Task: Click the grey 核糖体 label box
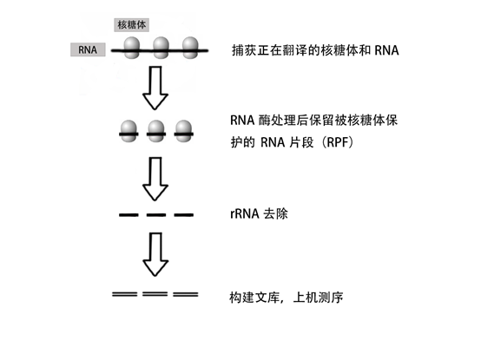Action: (132, 25)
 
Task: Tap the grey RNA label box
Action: (88, 49)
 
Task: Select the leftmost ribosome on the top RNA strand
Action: (132, 48)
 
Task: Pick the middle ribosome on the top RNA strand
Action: (161, 48)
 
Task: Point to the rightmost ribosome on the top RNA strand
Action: (190, 48)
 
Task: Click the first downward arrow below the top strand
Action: (155, 88)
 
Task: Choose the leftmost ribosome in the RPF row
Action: (128, 131)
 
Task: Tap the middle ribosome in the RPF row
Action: (156, 131)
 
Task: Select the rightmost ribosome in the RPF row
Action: (183, 131)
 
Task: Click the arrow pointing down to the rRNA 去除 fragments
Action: (155, 179)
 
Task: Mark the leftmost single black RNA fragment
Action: (128, 215)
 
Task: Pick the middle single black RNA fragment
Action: (156, 215)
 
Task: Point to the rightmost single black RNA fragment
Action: (184, 215)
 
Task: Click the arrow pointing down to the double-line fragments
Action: (155, 255)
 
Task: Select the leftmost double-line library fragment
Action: (124, 294)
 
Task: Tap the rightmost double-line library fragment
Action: (186, 294)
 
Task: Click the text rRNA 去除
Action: (259, 214)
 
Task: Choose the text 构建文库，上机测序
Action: (287, 298)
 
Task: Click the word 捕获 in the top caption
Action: (244, 50)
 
